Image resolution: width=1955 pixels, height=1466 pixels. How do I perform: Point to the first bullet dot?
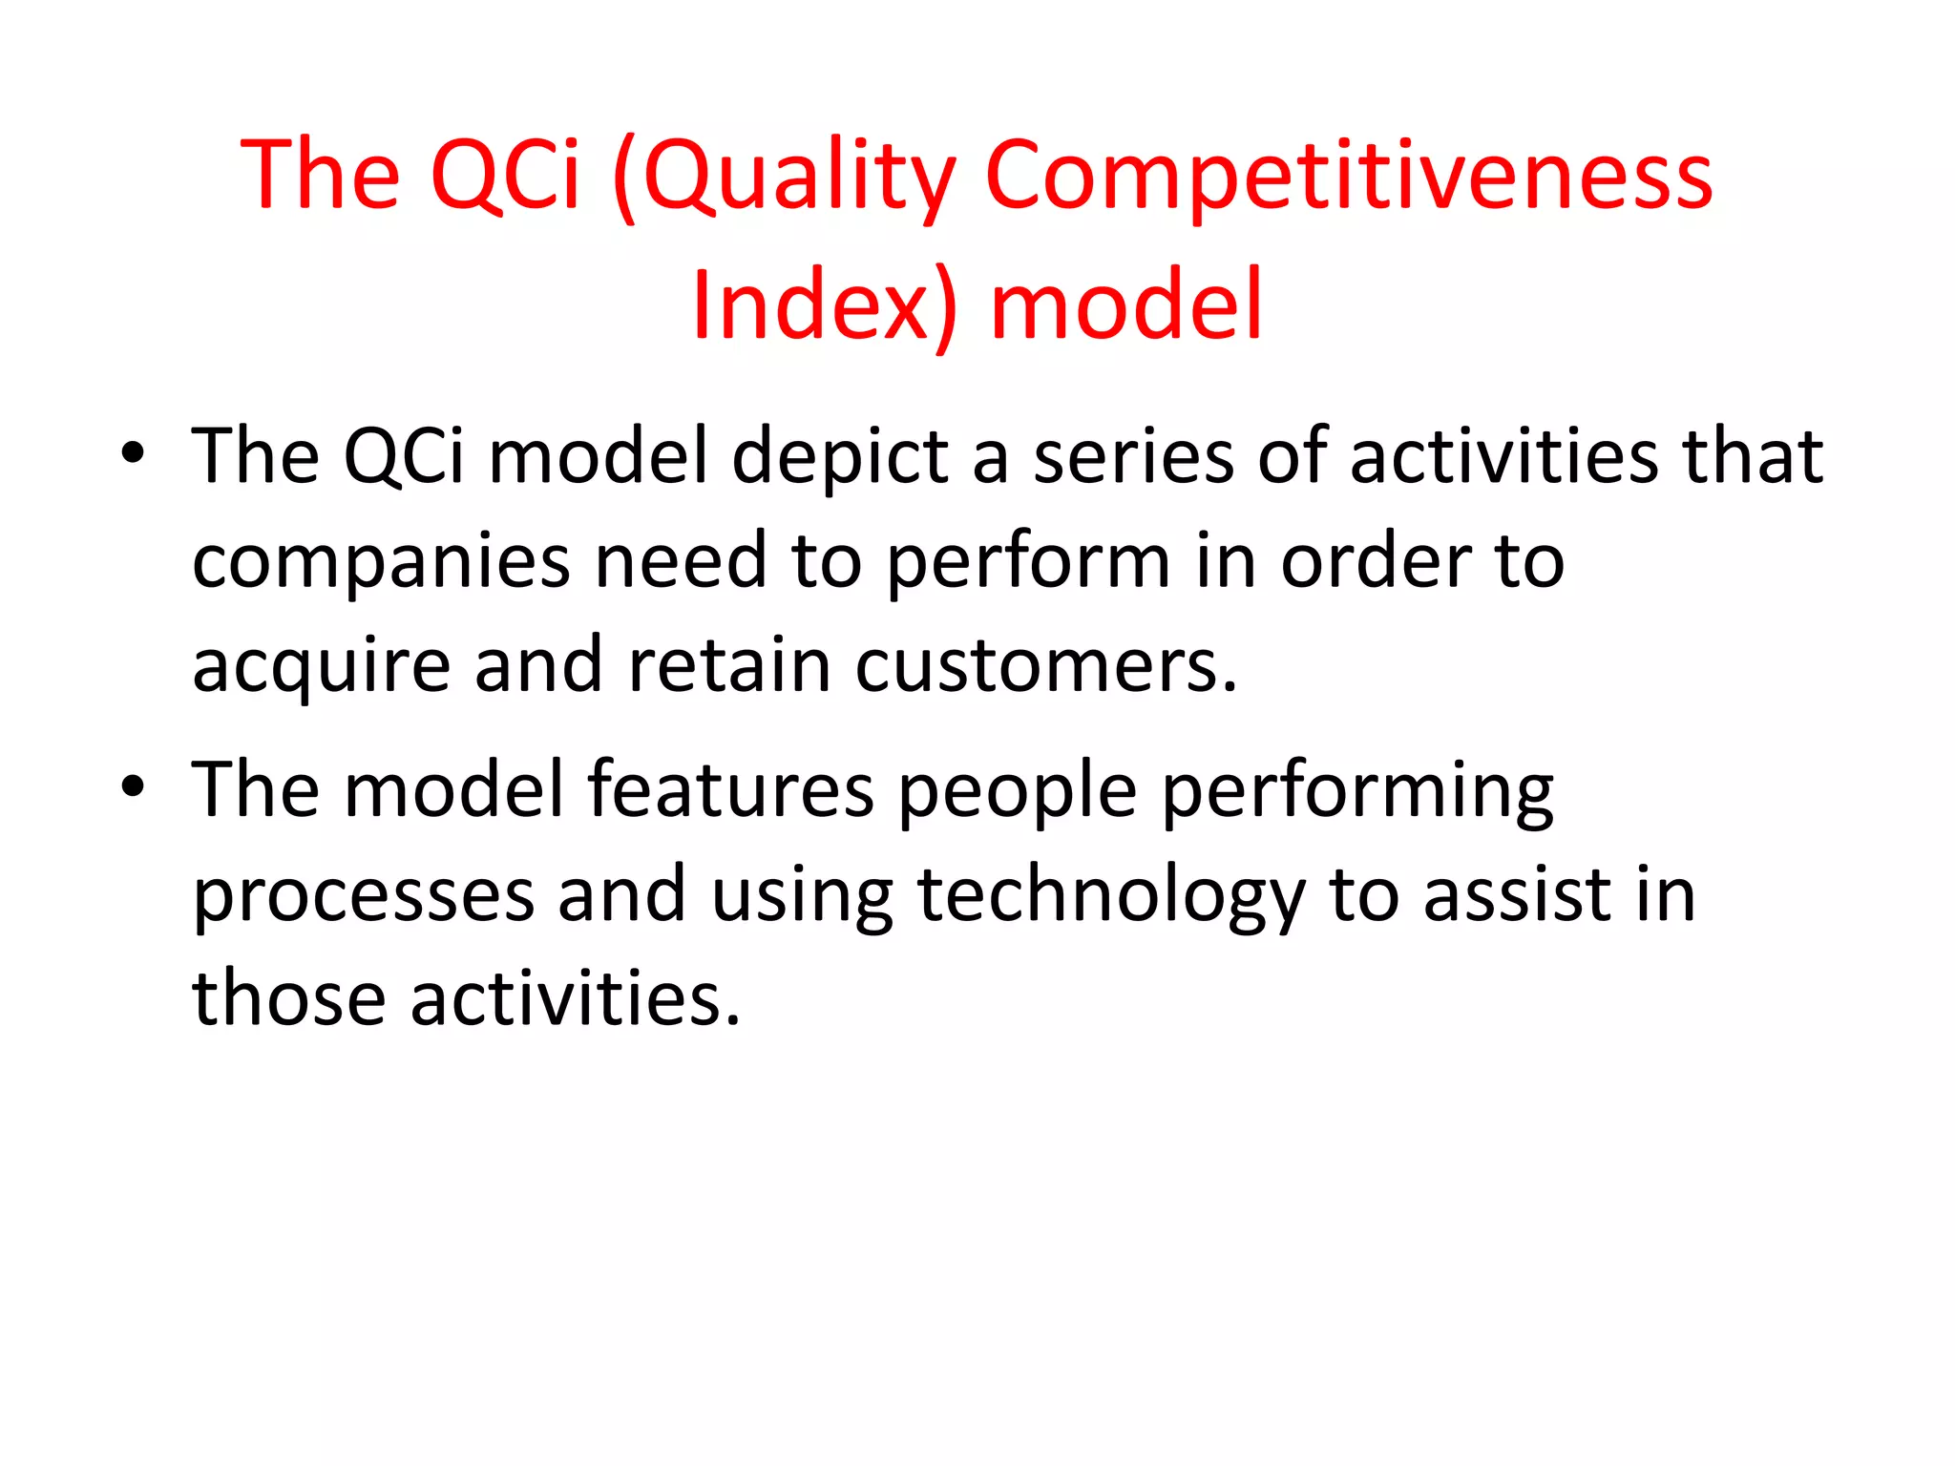click(x=133, y=453)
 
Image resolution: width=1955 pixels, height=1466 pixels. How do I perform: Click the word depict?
click(x=840, y=458)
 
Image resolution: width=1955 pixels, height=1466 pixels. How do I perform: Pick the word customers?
click(x=1045, y=666)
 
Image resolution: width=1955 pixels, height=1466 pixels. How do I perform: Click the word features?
click(x=730, y=790)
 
